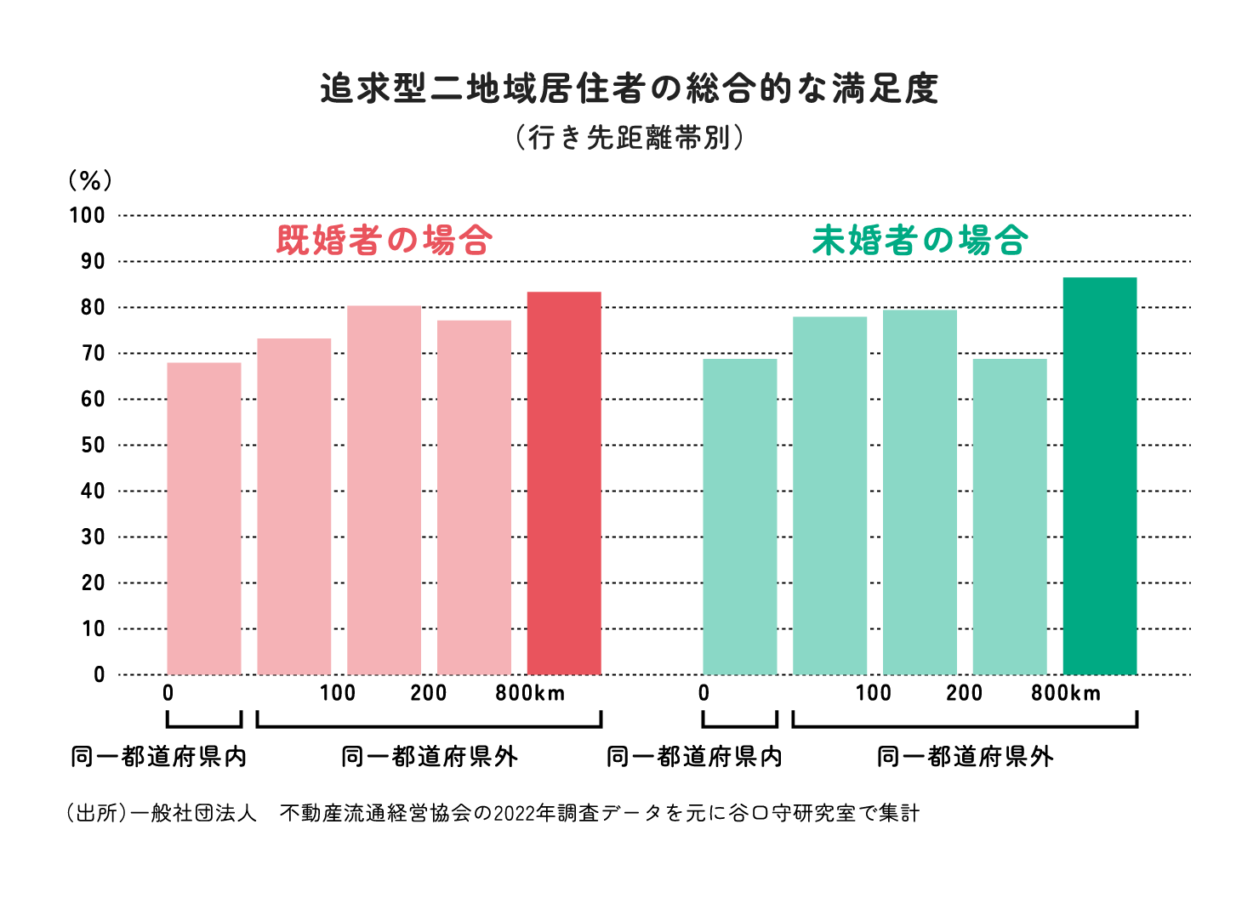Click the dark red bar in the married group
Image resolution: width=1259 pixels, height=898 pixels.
point(564,483)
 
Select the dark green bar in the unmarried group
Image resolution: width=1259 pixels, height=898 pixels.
point(1099,476)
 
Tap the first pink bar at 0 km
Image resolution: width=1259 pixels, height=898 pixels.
point(204,519)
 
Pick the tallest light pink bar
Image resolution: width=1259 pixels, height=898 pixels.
point(384,490)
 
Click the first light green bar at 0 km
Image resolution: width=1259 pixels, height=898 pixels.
point(739,517)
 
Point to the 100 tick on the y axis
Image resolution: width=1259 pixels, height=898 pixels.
point(88,216)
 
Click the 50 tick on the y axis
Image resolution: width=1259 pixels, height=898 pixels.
point(93,446)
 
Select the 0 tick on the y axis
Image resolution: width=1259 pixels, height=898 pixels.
point(100,675)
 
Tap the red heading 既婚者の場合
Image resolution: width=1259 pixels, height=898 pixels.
point(385,241)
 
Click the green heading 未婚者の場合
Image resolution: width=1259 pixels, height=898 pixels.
point(920,241)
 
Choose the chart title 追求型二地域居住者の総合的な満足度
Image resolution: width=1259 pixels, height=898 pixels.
point(629,88)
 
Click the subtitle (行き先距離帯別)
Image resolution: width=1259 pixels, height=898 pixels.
point(629,137)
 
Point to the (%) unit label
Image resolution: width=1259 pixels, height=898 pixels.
point(90,180)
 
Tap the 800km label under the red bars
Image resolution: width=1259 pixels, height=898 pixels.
point(530,694)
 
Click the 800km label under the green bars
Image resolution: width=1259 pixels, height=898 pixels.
point(1066,694)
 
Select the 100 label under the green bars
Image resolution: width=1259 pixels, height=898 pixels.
point(873,694)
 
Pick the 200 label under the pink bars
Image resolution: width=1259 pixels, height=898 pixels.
point(428,694)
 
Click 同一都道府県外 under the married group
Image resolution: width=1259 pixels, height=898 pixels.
point(429,757)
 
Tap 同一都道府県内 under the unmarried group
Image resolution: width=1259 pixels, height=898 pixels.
point(694,757)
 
